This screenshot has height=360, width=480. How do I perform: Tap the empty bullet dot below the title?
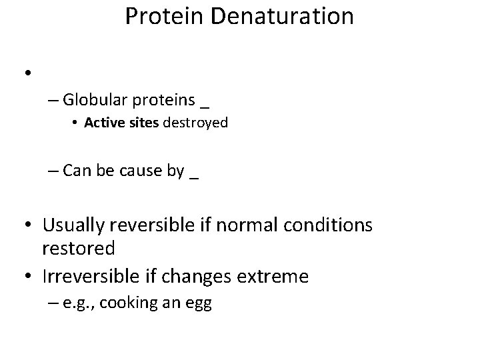pos(28,73)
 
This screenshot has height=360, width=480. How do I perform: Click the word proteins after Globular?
pos(164,101)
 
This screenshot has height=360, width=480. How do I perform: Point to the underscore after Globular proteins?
pos(204,105)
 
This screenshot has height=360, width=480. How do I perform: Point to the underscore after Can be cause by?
pos(194,175)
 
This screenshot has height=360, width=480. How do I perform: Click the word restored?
pos(78,248)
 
